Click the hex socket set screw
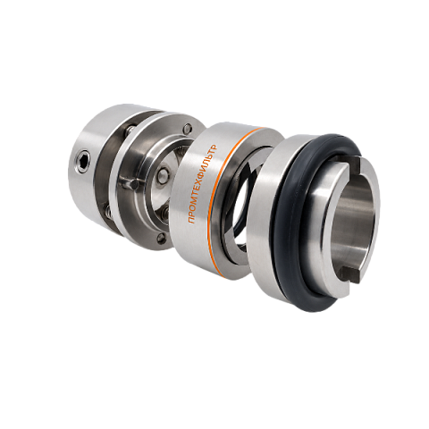tap(84, 161)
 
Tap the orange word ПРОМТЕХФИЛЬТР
tap(203, 184)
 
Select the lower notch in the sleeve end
tap(350, 274)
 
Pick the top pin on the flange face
tap(188, 128)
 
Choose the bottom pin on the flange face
tap(162, 238)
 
